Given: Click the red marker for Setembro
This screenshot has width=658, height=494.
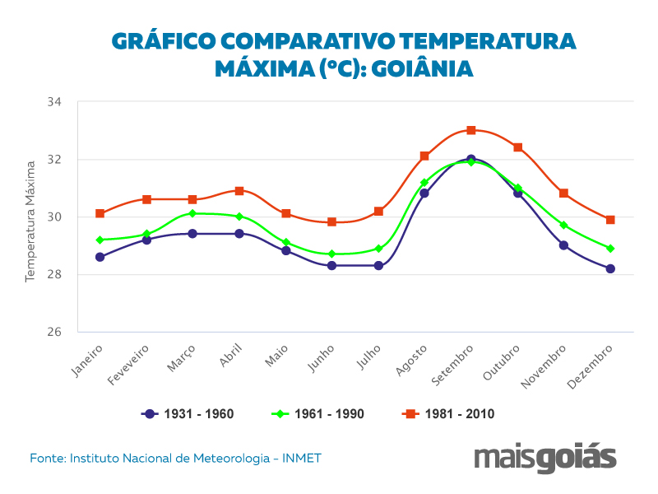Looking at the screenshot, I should coord(471,130).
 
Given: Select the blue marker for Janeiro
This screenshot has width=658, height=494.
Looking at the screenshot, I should coord(100,257).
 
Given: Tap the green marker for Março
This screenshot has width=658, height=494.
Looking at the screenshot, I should coord(192,213).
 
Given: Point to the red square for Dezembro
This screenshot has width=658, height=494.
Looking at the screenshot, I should coord(610,220).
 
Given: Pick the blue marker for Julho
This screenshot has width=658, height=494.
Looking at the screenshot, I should coord(378,266).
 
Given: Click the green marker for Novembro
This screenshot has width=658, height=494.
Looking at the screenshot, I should coord(564,225).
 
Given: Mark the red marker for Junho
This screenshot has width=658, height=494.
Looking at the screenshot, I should coord(331,221).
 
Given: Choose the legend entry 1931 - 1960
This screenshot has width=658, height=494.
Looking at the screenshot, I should coord(188,414).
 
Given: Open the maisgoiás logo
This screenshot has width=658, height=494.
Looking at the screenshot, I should coord(545,459).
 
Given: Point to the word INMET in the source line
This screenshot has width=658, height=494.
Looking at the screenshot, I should coord(302,458).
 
